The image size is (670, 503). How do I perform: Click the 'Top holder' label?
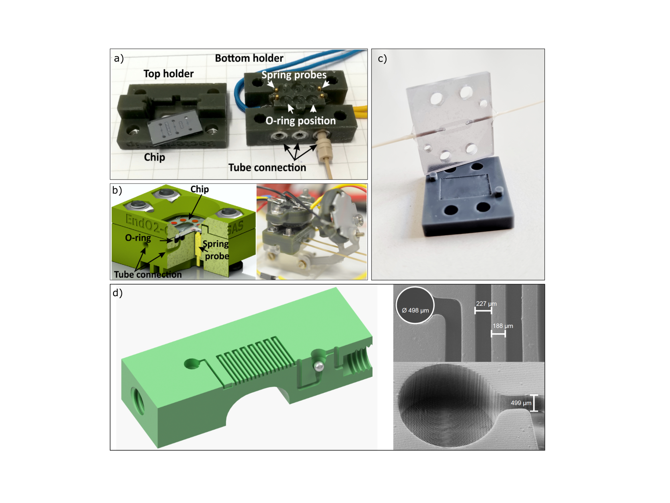pyautogui.click(x=169, y=74)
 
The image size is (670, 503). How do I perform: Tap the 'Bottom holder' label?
pyautogui.click(x=249, y=58)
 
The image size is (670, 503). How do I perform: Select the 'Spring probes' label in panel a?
pyautogui.click(x=294, y=75)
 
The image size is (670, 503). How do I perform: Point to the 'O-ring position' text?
pyautogui.click(x=301, y=121)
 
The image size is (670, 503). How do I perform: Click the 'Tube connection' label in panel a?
pyautogui.click(x=267, y=167)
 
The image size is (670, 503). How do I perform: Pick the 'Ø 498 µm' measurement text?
pyautogui.click(x=415, y=311)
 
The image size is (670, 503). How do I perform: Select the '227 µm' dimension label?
pyautogui.click(x=486, y=303)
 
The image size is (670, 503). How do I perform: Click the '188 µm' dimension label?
pyautogui.click(x=503, y=326)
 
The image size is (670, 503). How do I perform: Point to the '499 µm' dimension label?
pyautogui.click(x=521, y=403)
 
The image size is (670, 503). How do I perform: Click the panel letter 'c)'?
pyautogui.click(x=382, y=58)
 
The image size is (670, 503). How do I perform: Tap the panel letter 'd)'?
pyautogui.click(x=117, y=293)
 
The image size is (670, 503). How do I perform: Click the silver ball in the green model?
pyautogui.click(x=319, y=366)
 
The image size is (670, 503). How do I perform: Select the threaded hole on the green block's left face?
pyautogui.click(x=138, y=400)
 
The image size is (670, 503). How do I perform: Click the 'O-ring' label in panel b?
pyautogui.click(x=138, y=238)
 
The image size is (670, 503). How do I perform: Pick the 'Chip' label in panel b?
pyautogui.click(x=199, y=189)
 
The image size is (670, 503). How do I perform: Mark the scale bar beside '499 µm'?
pyautogui.click(x=534, y=403)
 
